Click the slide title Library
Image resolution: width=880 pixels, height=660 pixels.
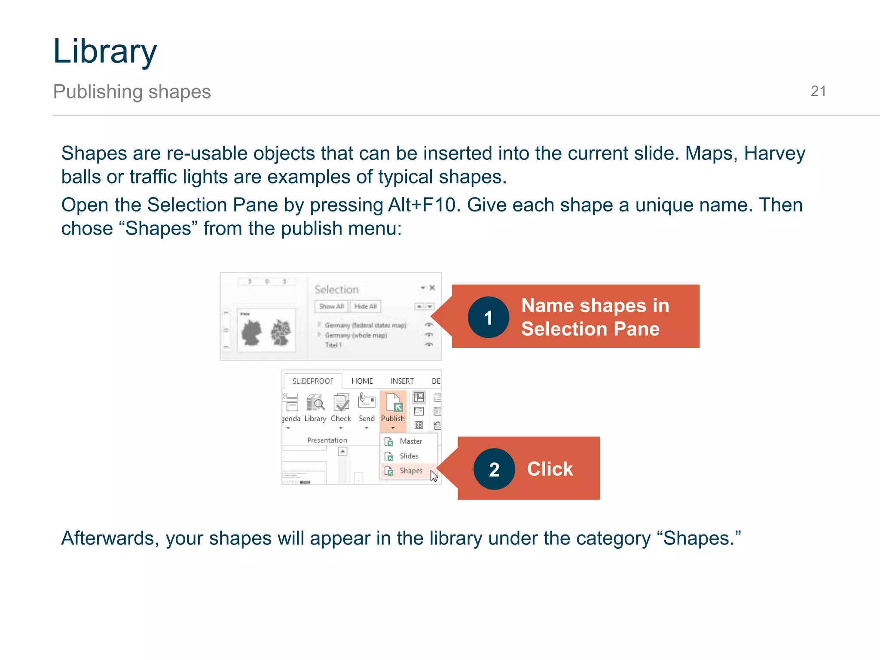[x=105, y=52]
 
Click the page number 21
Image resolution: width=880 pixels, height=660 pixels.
[x=818, y=91]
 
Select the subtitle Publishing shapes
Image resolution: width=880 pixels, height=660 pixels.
[x=132, y=92]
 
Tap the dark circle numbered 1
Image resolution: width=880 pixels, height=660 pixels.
[x=488, y=318]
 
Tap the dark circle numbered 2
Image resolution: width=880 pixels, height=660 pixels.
[x=494, y=469]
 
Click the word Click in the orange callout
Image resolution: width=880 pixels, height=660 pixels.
[x=550, y=469]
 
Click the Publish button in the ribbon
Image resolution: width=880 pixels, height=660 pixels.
[x=393, y=408]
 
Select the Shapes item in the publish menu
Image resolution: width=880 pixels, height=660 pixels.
[x=410, y=471]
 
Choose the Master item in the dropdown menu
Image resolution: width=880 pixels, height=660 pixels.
[x=410, y=441]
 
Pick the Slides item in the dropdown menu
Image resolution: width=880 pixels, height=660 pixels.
[x=409, y=456]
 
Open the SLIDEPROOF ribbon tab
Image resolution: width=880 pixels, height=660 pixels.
[x=313, y=381]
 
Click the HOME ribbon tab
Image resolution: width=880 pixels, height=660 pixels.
[x=362, y=381]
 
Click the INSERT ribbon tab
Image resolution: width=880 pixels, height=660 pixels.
[x=402, y=381]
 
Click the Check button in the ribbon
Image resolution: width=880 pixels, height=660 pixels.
[x=341, y=408]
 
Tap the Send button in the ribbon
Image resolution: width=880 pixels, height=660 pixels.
[x=367, y=408]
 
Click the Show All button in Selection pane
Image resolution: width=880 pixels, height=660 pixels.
[x=331, y=306]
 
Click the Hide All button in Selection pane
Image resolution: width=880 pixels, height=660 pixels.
[x=366, y=306]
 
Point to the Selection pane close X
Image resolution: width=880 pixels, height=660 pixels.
[x=432, y=288]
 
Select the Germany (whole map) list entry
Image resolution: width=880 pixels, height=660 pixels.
[x=356, y=335]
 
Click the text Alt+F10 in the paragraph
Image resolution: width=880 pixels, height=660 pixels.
[x=421, y=205]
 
